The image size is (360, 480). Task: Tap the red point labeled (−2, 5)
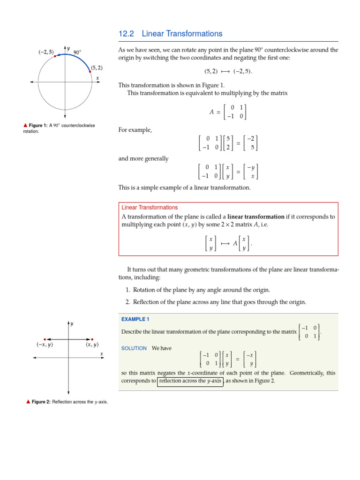(x=55, y=56)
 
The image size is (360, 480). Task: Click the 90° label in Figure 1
(x=78, y=52)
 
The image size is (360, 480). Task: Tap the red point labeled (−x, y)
(x=44, y=338)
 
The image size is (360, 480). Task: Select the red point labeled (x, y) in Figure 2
(x=92, y=338)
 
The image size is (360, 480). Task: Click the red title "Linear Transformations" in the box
(x=150, y=208)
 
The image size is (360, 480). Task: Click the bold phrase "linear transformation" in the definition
(x=256, y=217)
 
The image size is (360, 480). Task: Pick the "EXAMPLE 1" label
(x=135, y=319)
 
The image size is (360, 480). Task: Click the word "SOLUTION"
(x=134, y=348)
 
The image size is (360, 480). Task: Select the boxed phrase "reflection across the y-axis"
(x=190, y=381)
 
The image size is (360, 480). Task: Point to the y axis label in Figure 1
(x=68, y=48)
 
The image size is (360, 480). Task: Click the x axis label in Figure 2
(x=101, y=354)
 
